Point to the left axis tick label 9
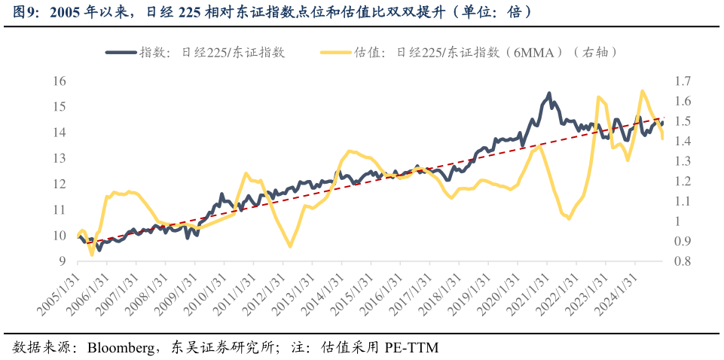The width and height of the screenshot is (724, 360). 62,261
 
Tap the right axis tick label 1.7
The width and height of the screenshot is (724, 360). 683,81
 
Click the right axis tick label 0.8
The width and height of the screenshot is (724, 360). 683,261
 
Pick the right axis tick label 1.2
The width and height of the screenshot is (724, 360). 683,181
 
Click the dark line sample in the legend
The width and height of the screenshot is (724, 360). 121,52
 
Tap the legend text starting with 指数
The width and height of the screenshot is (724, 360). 212,52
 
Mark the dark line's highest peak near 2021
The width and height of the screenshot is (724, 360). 548,93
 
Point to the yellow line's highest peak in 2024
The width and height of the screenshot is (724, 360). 642,91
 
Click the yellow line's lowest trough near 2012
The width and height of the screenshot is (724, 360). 290,246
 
